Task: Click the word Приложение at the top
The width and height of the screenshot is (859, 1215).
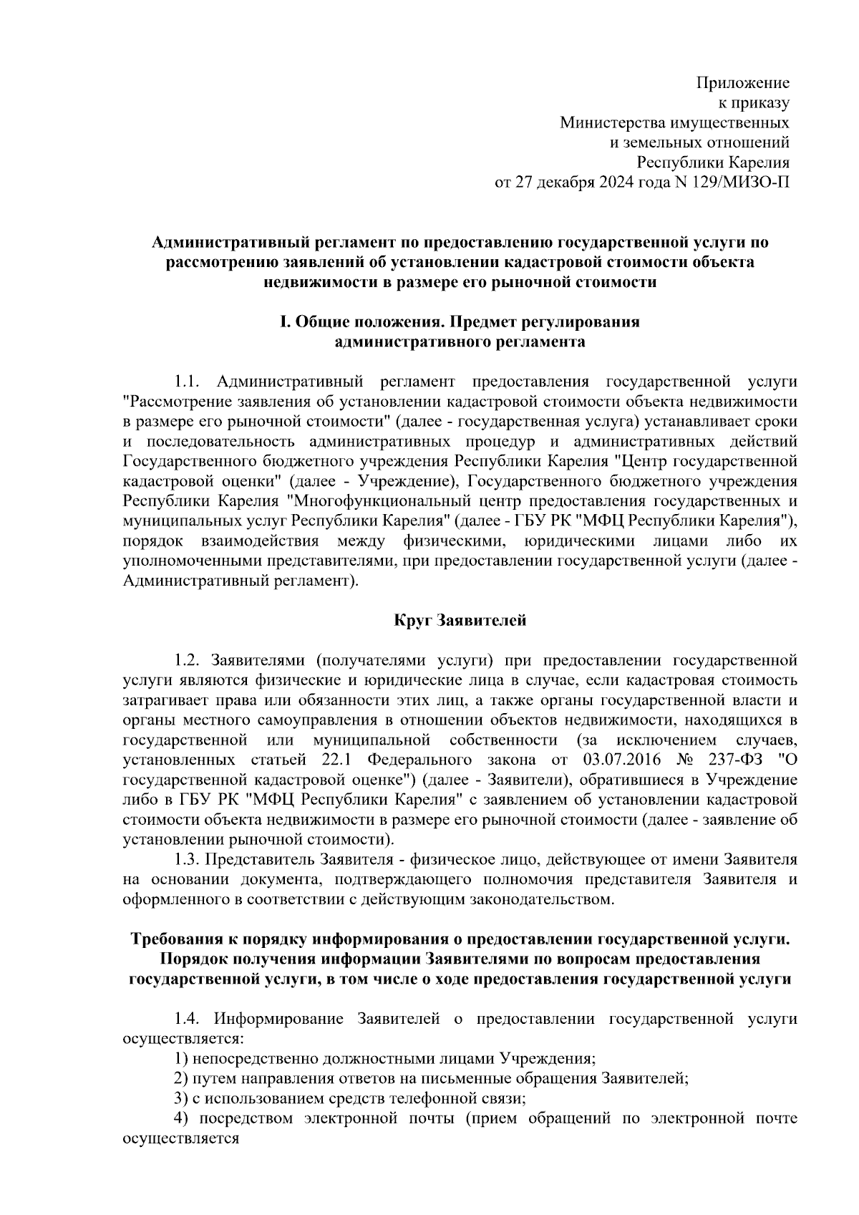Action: (x=743, y=82)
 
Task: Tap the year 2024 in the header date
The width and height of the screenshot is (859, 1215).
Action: (x=613, y=182)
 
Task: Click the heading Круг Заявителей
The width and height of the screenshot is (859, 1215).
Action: (x=460, y=620)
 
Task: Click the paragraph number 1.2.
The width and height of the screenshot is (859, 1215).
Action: (x=190, y=659)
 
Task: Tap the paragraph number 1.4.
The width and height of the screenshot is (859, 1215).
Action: (x=190, y=1018)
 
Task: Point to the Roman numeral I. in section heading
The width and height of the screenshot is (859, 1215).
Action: (x=283, y=322)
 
